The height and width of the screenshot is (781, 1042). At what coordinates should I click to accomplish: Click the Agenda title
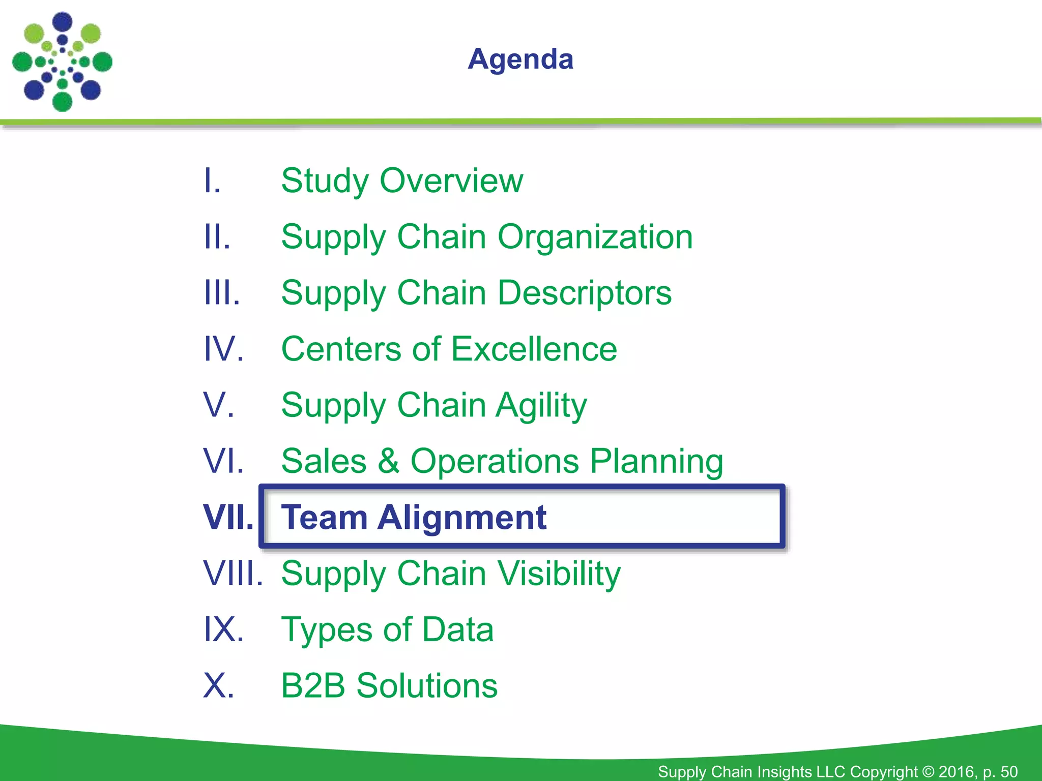520,59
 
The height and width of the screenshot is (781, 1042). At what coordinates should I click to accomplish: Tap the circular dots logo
62,62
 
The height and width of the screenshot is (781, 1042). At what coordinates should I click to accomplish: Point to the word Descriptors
585,293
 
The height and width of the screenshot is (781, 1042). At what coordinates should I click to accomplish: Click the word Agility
541,406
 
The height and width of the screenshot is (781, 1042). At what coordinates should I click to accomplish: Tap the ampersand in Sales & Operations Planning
388,461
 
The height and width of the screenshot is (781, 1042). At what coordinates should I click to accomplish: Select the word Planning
656,462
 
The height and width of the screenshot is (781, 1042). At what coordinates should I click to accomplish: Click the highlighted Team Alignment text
414,517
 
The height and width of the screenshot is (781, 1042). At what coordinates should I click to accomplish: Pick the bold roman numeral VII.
228,517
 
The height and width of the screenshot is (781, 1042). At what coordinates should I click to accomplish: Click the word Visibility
559,574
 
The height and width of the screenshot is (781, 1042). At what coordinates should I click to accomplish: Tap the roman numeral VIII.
233,574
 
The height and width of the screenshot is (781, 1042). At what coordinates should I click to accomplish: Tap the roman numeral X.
218,685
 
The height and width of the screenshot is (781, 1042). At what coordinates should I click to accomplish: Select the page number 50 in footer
1008,771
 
